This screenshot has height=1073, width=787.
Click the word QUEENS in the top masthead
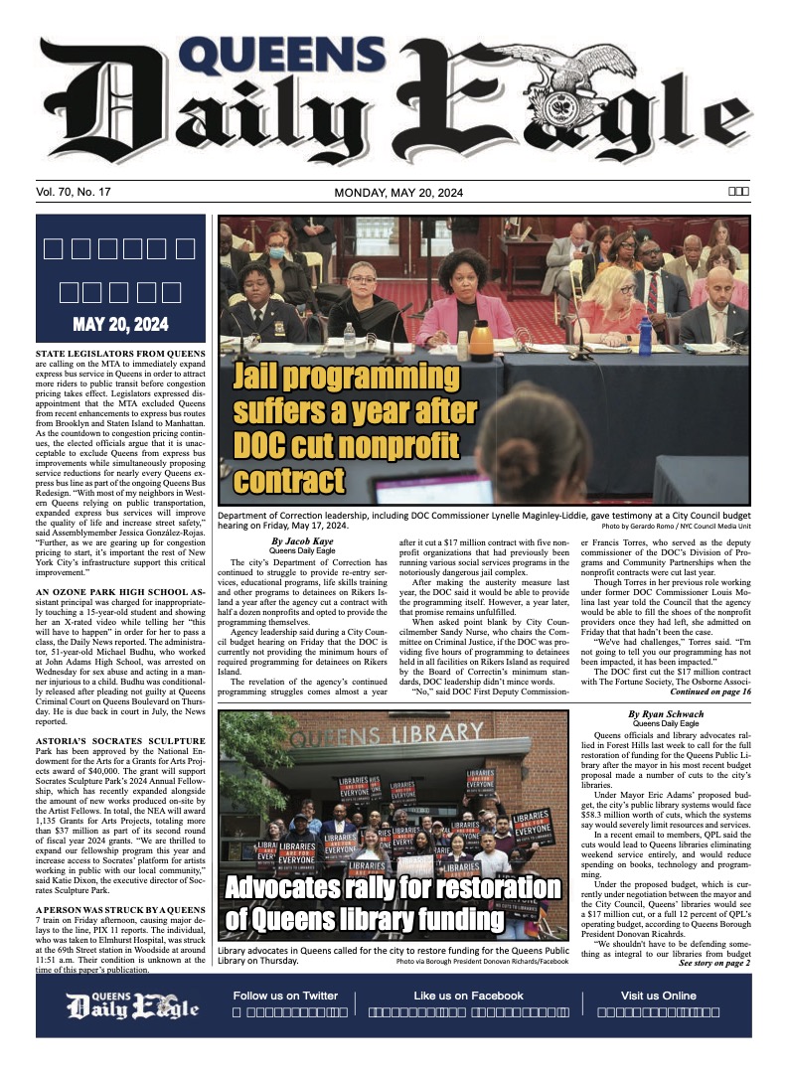(x=289, y=60)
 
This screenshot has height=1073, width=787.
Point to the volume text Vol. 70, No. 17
(x=79, y=193)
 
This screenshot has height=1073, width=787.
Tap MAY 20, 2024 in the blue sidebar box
(x=120, y=325)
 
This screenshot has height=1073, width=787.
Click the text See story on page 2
(x=714, y=963)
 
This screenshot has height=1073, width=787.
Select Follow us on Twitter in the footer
(x=285, y=996)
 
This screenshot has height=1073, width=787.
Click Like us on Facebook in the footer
(x=468, y=996)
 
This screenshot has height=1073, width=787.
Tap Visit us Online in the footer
(x=659, y=996)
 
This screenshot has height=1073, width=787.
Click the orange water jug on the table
(x=481, y=342)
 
